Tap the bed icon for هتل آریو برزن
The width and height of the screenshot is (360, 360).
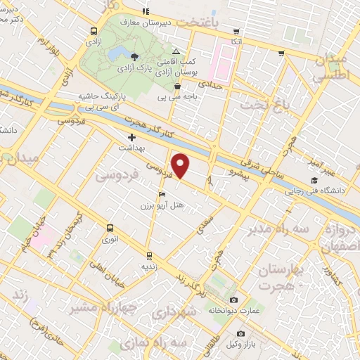tap(163, 194)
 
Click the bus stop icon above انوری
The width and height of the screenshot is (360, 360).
tap(110, 228)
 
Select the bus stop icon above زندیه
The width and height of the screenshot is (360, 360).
tap(149, 256)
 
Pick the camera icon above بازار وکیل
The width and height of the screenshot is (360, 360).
tap(240, 333)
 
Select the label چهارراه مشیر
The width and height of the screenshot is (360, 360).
tap(91, 307)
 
